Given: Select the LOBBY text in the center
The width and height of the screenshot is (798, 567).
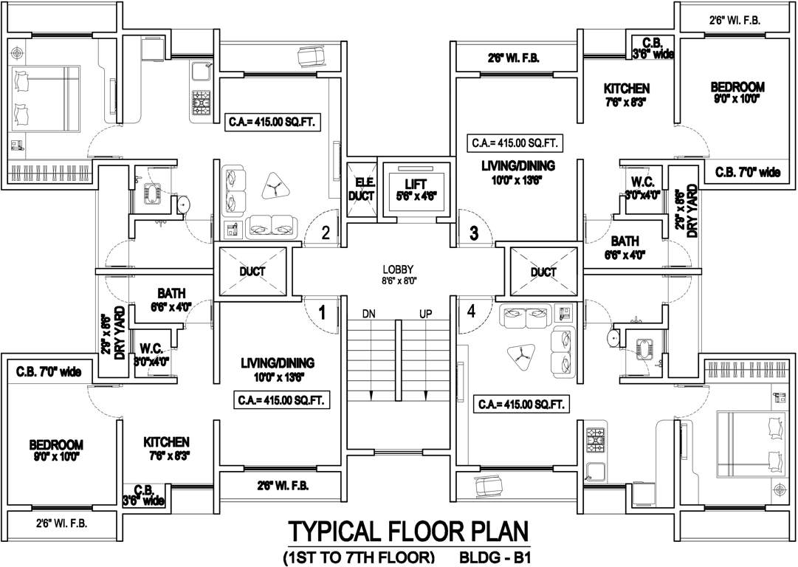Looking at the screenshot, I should tap(398, 269).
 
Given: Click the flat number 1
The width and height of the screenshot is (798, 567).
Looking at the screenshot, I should tap(322, 312).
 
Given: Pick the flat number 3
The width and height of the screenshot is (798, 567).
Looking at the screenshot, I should tap(474, 233).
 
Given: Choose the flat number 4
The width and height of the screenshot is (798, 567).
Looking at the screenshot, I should tap(472, 311).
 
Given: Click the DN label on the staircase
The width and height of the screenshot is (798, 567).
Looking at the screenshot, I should tap(370, 314).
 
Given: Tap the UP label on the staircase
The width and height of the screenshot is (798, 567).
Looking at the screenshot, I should tap(426, 314).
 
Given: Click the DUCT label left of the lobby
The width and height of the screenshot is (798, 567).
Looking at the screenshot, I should tap(252, 272).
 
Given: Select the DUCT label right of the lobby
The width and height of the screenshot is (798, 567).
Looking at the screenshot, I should tap(543, 272).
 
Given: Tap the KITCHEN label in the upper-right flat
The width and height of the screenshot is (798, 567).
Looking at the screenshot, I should tap(626, 89).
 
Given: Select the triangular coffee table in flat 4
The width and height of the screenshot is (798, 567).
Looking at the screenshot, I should tap(520, 356).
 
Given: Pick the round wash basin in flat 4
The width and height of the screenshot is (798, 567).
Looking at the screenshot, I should tap(612, 337).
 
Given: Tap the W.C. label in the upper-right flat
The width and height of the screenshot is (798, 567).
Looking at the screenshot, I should tap(642, 182).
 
